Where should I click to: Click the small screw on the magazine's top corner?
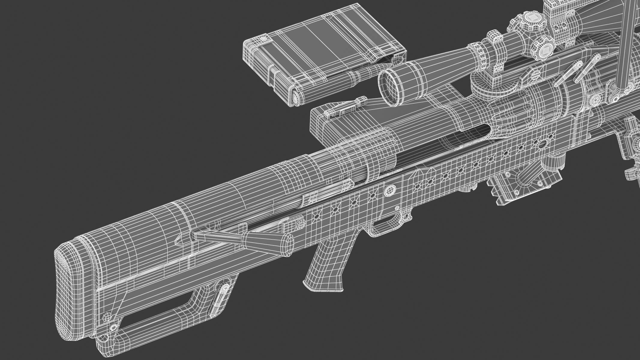(263, 39)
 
